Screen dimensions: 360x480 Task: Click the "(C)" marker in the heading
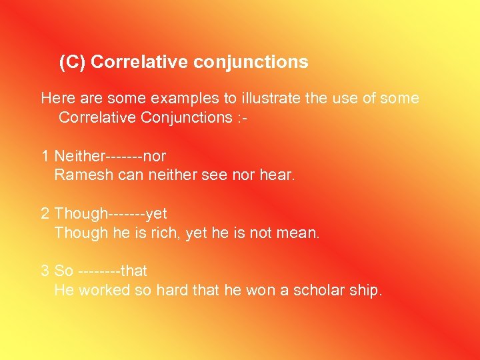coord(73,62)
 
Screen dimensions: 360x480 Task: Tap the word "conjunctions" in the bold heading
coord(251,63)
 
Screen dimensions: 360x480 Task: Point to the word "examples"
coord(185,99)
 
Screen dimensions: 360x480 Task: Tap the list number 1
coord(45,157)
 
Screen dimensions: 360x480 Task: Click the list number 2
coord(45,214)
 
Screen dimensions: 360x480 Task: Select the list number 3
coord(45,271)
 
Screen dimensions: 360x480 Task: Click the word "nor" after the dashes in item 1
coord(155,157)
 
